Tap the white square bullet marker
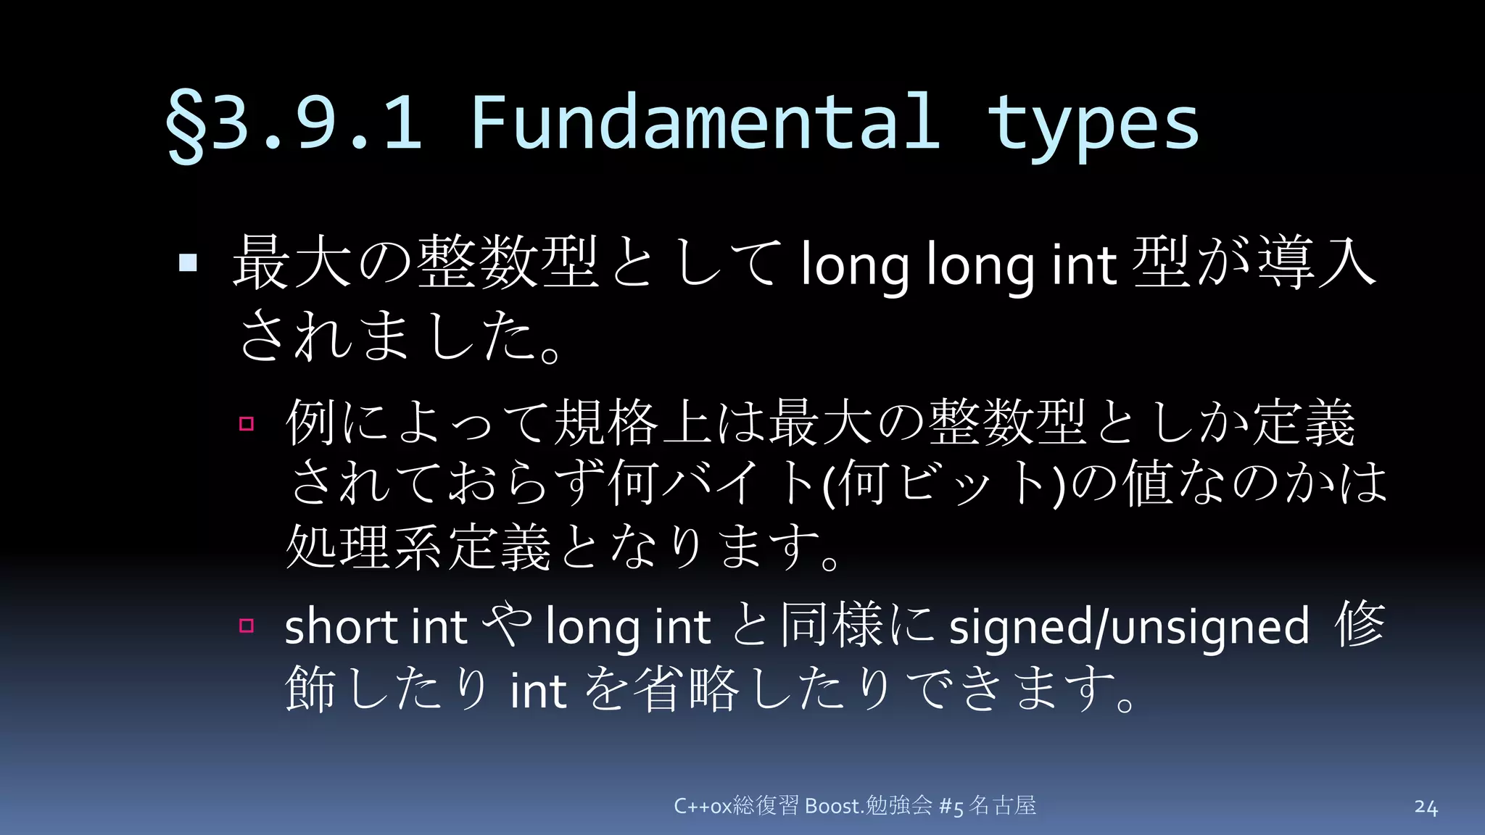(188, 262)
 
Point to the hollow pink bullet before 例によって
(247, 423)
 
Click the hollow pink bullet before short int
(247, 625)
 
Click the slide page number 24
(1426, 807)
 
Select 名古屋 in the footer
(1003, 805)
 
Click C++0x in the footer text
(702, 806)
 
